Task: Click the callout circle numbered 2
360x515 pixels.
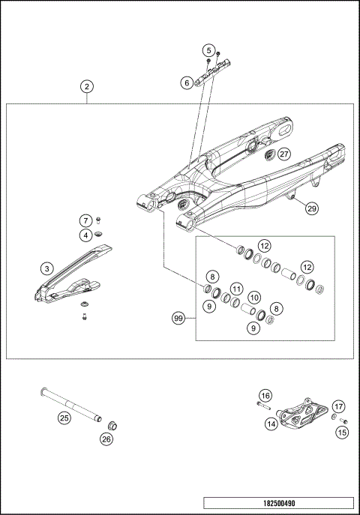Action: point(88,87)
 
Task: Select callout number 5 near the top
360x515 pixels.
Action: point(208,50)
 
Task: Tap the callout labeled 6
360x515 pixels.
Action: point(186,83)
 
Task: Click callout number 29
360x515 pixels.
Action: point(312,210)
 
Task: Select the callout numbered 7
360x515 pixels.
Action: point(87,220)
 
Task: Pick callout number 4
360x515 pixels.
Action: point(87,235)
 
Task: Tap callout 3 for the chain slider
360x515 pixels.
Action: point(46,268)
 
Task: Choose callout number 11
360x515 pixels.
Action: point(235,288)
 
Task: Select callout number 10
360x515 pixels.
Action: point(254,298)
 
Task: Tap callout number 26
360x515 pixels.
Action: point(106,439)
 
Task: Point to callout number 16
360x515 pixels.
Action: point(265,395)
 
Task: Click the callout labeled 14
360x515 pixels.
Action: point(269,424)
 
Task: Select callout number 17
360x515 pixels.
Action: point(339,406)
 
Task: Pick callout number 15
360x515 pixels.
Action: point(342,432)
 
